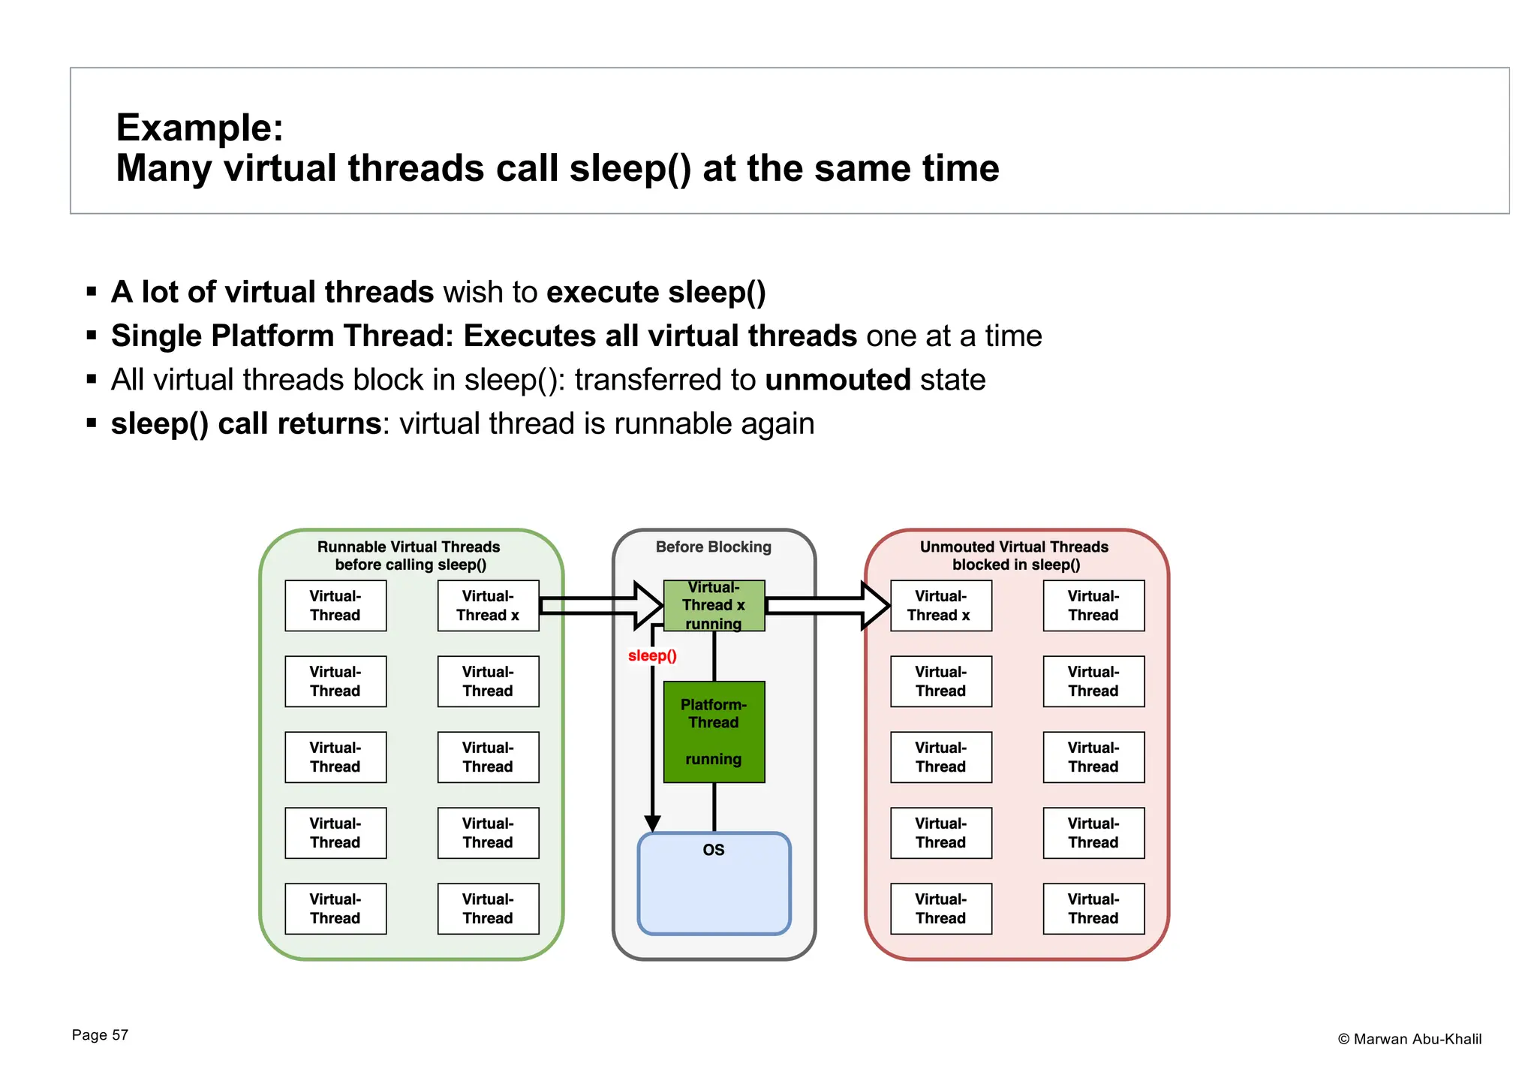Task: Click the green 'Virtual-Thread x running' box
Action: coord(714,605)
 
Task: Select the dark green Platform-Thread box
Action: coord(714,732)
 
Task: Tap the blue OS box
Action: coord(714,884)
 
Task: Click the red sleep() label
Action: coord(652,655)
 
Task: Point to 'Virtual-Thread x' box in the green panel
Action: coord(488,605)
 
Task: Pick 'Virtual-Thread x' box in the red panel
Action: coord(940,605)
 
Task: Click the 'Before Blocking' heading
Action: coord(713,547)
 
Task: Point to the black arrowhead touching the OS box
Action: coord(653,824)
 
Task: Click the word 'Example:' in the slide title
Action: coord(200,128)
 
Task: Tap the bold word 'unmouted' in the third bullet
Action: coord(838,380)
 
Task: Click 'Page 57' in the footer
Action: coord(100,1035)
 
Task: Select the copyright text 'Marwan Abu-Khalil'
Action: coord(1417,1039)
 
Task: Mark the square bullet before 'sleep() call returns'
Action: coord(92,423)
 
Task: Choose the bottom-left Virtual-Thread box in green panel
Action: coord(335,908)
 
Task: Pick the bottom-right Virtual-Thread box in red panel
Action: coord(1093,908)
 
